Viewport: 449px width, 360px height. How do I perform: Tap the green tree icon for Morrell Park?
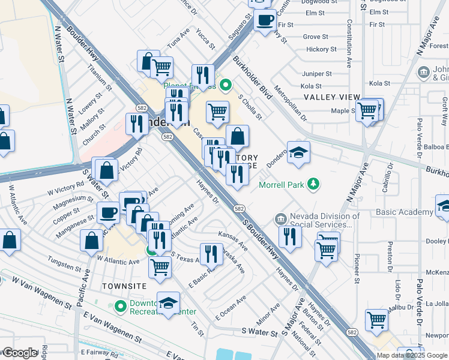(x=312, y=183)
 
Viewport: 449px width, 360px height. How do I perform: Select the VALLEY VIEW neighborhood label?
(x=331, y=97)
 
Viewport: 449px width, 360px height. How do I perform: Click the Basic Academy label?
(x=404, y=212)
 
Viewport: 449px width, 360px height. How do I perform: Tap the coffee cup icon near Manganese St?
(x=109, y=212)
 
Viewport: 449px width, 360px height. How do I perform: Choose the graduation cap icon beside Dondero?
(x=298, y=152)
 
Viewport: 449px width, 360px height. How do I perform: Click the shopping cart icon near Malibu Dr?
(x=377, y=319)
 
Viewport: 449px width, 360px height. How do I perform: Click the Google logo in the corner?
(x=19, y=353)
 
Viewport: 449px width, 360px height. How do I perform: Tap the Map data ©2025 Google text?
(x=412, y=355)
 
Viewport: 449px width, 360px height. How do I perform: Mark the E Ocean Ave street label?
(x=231, y=308)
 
